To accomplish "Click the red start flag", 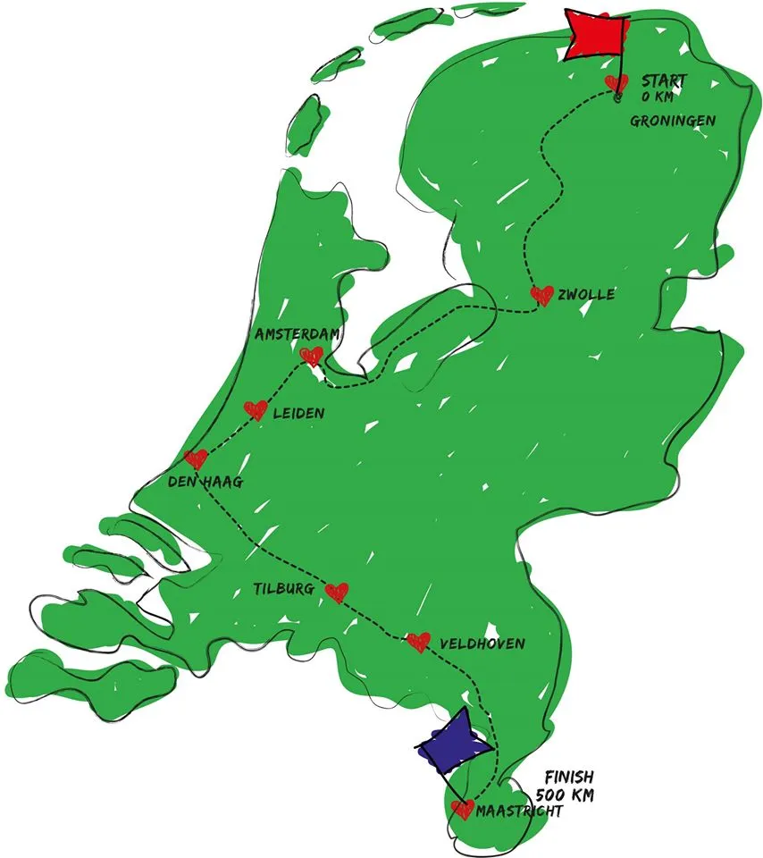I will coord(595,36).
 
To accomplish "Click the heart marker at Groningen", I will coord(614,83).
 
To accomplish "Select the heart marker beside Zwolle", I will coord(541,295).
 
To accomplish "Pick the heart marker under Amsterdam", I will coord(312,357).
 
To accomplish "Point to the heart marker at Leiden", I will coord(256,410).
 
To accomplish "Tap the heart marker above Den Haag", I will coord(196,459).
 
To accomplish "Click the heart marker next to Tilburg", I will coord(336,591).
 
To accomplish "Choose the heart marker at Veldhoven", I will coord(417,642).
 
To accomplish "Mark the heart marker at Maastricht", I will coord(463,810).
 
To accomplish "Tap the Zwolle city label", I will coord(586,295).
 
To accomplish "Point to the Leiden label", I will coord(300,414).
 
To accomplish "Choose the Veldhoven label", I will coord(482,643).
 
